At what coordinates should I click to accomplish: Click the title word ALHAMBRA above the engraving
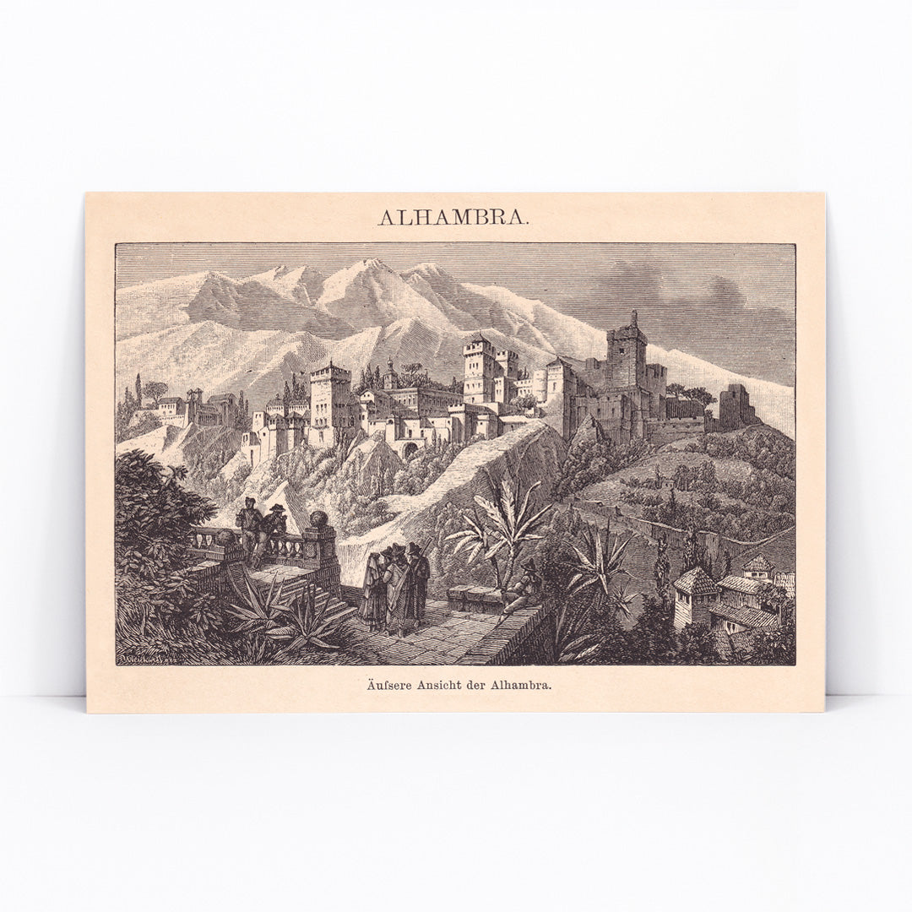[453, 217]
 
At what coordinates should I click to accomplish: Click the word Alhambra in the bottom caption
[527, 685]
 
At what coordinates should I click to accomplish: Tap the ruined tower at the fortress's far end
[733, 407]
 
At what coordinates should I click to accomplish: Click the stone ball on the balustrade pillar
[319, 518]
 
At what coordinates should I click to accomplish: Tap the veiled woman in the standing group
[373, 588]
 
